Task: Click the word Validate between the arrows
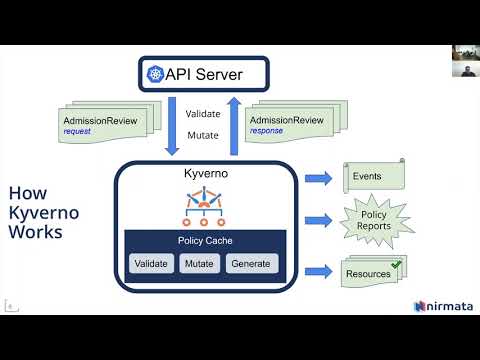[203, 113]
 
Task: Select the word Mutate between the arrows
[203, 134]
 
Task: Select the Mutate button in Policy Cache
[200, 265]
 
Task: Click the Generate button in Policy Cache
[251, 265]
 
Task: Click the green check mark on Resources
[396, 265]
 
